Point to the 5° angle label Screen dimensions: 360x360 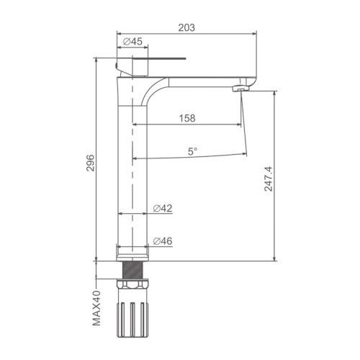(192, 151)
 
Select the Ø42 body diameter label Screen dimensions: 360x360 (163, 208)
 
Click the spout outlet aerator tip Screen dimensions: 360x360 (241, 89)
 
